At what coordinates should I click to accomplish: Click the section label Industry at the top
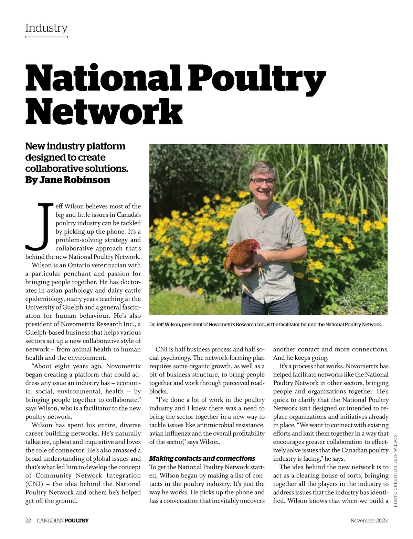(x=46, y=28)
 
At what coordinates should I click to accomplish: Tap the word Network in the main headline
(x=104, y=112)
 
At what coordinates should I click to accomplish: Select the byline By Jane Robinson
(x=68, y=180)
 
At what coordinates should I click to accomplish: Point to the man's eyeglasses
(x=262, y=181)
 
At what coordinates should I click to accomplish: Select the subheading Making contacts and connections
(x=202, y=458)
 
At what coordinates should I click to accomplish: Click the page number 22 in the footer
(x=28, y=520)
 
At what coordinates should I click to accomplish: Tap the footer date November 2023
(x=369, y=520)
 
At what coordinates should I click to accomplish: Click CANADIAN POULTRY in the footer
(x=63, y=520)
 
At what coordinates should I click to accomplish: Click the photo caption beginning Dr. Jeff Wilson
(x=265, y=325)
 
